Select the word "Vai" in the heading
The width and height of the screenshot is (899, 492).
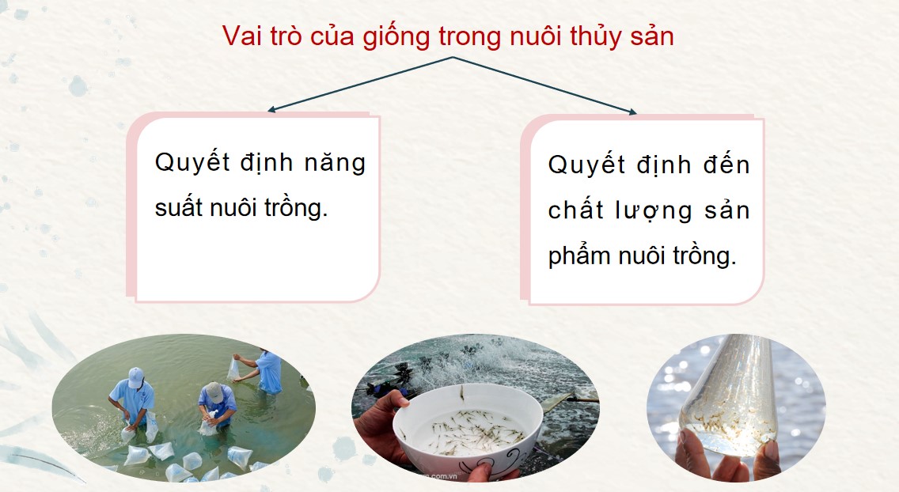click(x=239, y=36)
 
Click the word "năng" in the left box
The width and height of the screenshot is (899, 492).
click(x=335, y=163)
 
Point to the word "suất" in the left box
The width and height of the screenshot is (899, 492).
click(x=179, y=209)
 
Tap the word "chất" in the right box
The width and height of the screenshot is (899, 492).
click(x=574, y=210)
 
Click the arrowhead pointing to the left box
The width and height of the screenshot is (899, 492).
click(x=271, y=110)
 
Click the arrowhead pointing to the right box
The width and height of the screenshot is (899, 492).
click(x=632, y=113)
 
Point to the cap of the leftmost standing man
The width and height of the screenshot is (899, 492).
click(x=136, y=377)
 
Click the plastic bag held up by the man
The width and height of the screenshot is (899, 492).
click(x=234, y=368)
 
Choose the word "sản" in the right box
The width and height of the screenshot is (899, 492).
click(x=726, y=211)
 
